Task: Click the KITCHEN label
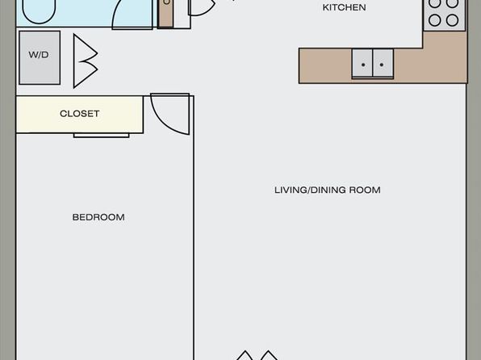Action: (x=344, y=7)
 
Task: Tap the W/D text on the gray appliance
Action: (x=39, y=55)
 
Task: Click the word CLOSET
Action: (x=79, y=114)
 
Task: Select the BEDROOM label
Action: (x=98, y=217)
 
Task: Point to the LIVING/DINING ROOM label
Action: (x=328, y=190)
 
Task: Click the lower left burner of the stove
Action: (x=435, y=20)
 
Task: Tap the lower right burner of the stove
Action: (x=452, y=20)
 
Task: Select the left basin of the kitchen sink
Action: (x=362, y=63)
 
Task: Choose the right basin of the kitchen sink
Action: (x=383, y=63)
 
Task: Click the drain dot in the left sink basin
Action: (x=363, y=65)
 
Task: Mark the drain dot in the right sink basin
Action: (x=382, y=65)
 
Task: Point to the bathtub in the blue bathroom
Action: (x=39, y=11)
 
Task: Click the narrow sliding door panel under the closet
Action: (x=101, y=136)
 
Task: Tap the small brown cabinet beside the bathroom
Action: (x=165, y=14)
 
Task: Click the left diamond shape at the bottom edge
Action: (x=245, y=356)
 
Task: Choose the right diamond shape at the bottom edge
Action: (x=269, y=356)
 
